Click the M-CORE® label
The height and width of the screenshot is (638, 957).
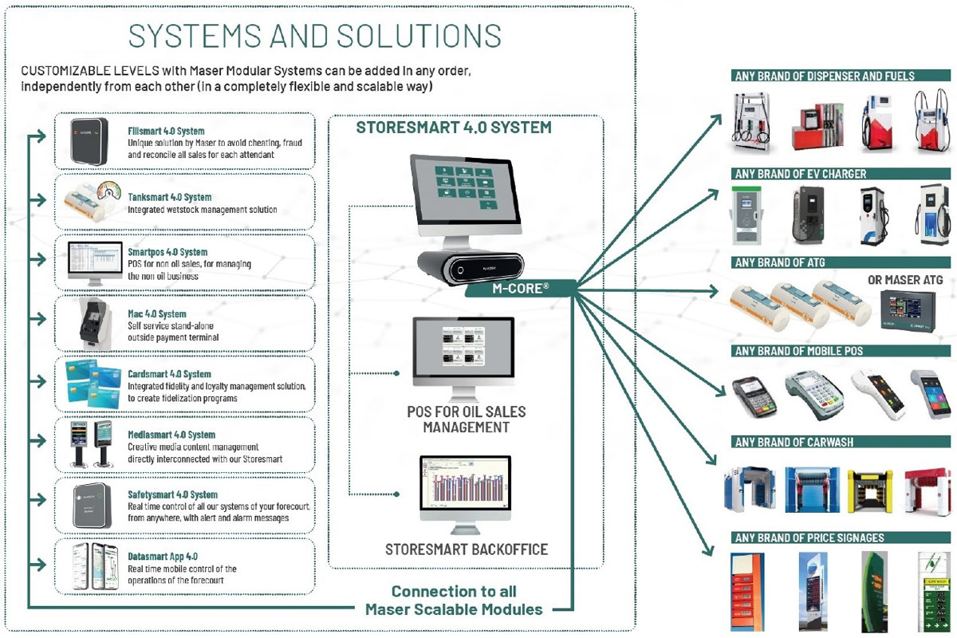[518, 288]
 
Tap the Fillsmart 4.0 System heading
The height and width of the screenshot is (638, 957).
[166, 131]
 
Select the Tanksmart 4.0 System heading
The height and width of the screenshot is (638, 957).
[169, 197]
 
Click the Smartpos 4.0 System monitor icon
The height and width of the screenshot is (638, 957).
[90, 262]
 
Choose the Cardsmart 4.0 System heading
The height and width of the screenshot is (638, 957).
[169, 374]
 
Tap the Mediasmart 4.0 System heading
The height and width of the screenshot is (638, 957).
[171, 435]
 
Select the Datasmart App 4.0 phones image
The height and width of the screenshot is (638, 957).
[89, 566]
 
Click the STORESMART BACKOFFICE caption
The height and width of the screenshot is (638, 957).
[467, 549]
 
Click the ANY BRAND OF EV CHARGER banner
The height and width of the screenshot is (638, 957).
[801, 174]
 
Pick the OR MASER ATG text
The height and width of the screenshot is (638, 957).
[904, 279]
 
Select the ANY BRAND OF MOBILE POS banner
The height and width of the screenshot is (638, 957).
[799, 351]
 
